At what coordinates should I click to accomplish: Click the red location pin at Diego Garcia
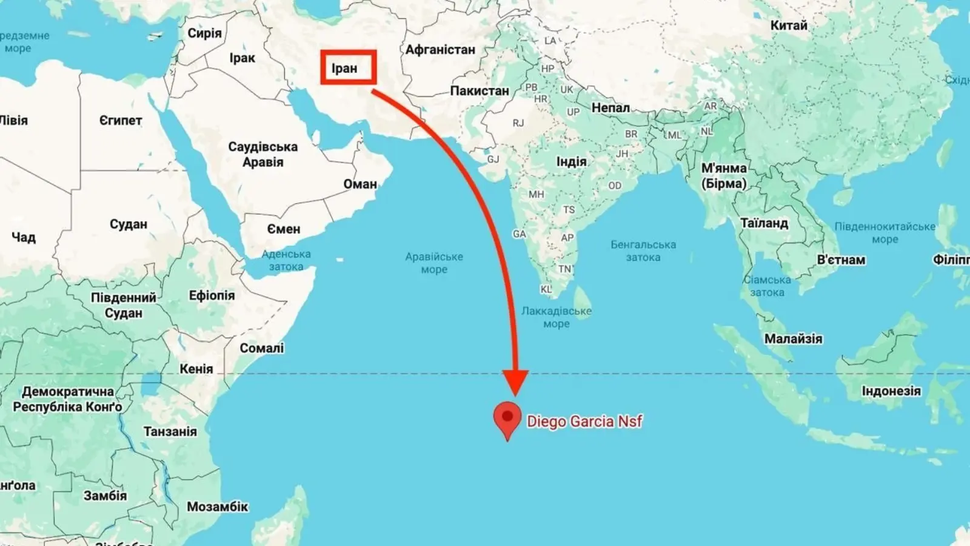[x=507, y=418]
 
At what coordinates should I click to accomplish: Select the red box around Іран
[x=349, y=67]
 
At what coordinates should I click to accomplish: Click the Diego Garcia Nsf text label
[x=584, y=421]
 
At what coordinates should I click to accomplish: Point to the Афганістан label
[x=440, y=50]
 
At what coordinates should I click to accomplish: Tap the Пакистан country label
[x=479, y=91]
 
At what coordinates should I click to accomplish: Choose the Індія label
[x=571, y=161]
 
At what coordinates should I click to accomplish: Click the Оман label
[x=360, y=184]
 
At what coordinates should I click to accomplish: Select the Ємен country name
[x=284, y=229]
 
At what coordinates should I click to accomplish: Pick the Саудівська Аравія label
[x=263, y=154]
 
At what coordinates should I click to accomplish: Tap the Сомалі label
[x=261, y=348]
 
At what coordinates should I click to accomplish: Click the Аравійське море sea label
[x=434, y=263]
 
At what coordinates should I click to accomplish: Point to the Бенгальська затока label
[x=643, y=251]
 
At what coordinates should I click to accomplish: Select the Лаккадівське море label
[x=556, y=317]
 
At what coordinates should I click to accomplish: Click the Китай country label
[x=789, y=25]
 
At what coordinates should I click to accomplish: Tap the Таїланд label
[x=764, y=223]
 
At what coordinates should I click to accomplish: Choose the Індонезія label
[x=891, y=391]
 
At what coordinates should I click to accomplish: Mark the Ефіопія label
[x=212, y=295]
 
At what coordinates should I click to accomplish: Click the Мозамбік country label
[x=217, y=507]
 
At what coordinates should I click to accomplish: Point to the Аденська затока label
[x=286, y=260]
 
